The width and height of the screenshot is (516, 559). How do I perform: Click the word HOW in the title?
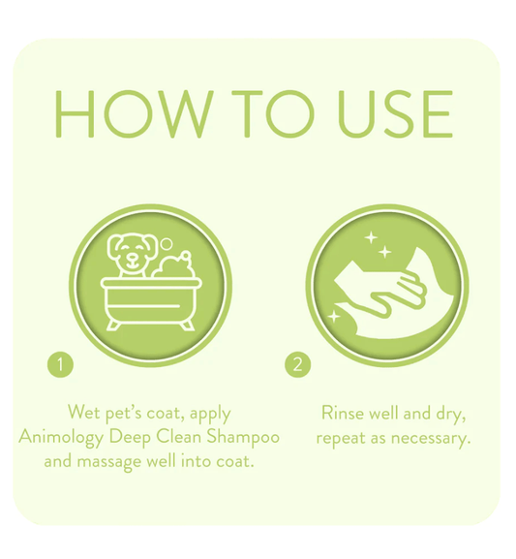(131, 113)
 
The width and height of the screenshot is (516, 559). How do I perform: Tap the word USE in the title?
(395, 113)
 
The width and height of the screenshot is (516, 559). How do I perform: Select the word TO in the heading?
(273, 113)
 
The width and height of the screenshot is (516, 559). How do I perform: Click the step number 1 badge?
(60, 364)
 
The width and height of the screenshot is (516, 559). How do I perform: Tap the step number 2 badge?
(297, 364)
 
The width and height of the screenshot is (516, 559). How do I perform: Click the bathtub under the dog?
(151, 304)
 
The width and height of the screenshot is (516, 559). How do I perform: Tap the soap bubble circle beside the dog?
(167, 244)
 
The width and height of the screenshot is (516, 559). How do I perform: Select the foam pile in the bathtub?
(173, 265)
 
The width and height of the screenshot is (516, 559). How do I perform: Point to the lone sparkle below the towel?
(334, 316)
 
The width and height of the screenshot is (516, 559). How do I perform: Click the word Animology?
(61, 438)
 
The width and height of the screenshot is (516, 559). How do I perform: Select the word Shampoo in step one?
(243, 438)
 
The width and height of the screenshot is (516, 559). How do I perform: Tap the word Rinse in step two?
(342, 413)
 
